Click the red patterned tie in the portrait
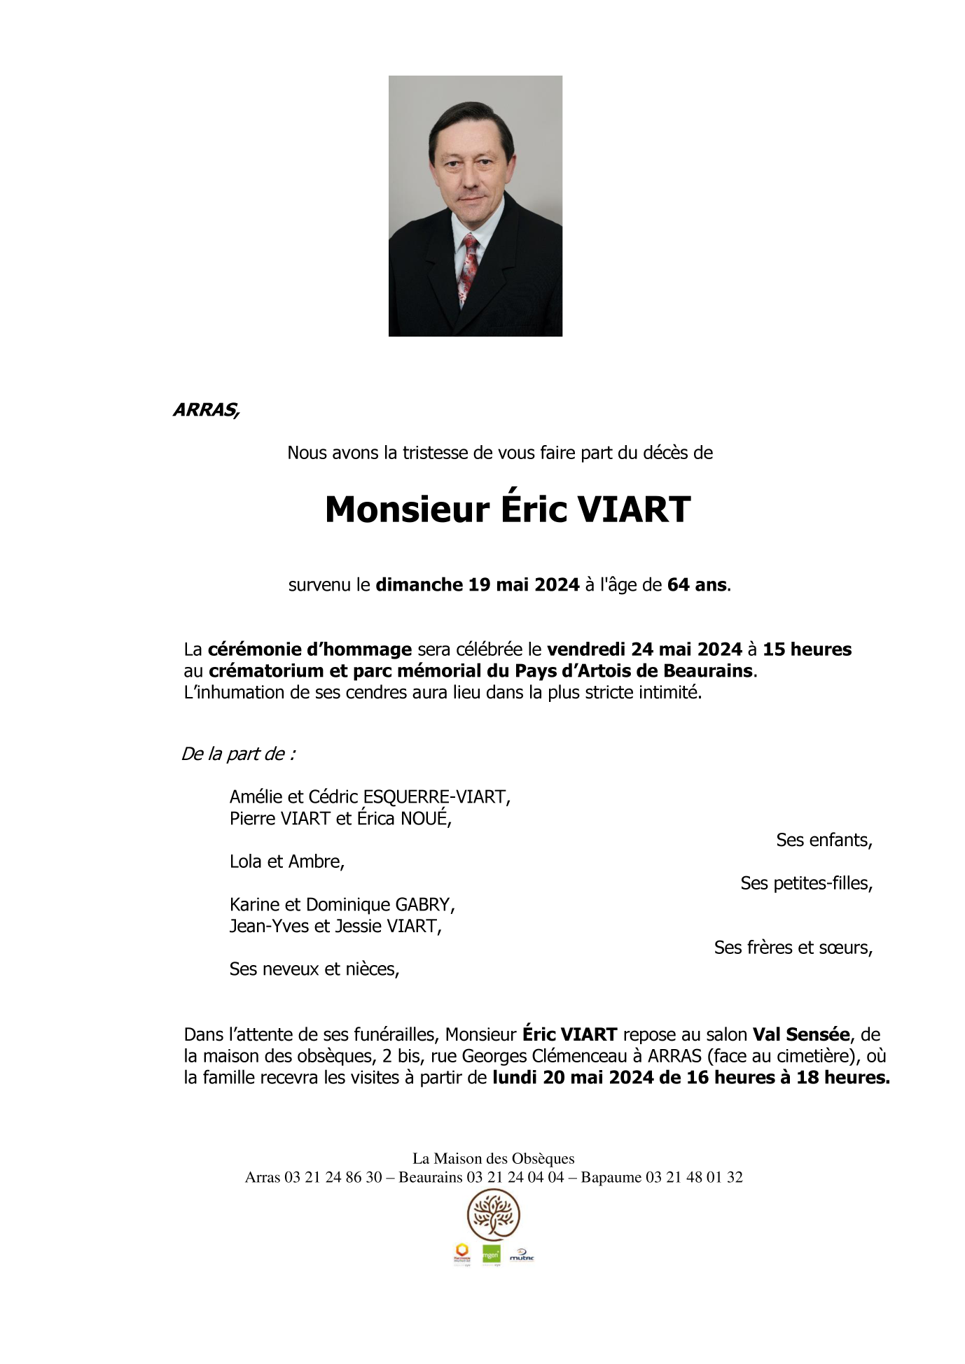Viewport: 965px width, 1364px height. coord(468,269)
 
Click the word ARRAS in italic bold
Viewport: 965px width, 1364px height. coord(205,410)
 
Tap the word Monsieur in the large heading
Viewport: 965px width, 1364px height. coord(407,509)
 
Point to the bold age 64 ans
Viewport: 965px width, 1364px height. coord(697,585)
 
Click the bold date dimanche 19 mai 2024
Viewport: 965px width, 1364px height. coord(478,585)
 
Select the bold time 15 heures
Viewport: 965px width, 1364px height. coord(807,649)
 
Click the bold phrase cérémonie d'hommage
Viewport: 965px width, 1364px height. coord(310,649)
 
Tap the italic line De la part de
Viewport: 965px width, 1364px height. coord(238,754)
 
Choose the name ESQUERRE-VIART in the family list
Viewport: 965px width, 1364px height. coord(435,797)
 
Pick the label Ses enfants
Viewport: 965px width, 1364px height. coord(824,841)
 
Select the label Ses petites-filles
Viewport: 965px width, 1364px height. coord(806,884)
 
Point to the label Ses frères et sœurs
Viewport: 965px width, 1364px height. coord(793,948)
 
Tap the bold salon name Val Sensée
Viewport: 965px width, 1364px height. coord(800,1035)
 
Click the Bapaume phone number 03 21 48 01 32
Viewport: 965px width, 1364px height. coord(694,1178)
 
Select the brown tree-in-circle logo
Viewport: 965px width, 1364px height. coord(494,1216)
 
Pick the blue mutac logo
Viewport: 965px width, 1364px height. coord(522,1256)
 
